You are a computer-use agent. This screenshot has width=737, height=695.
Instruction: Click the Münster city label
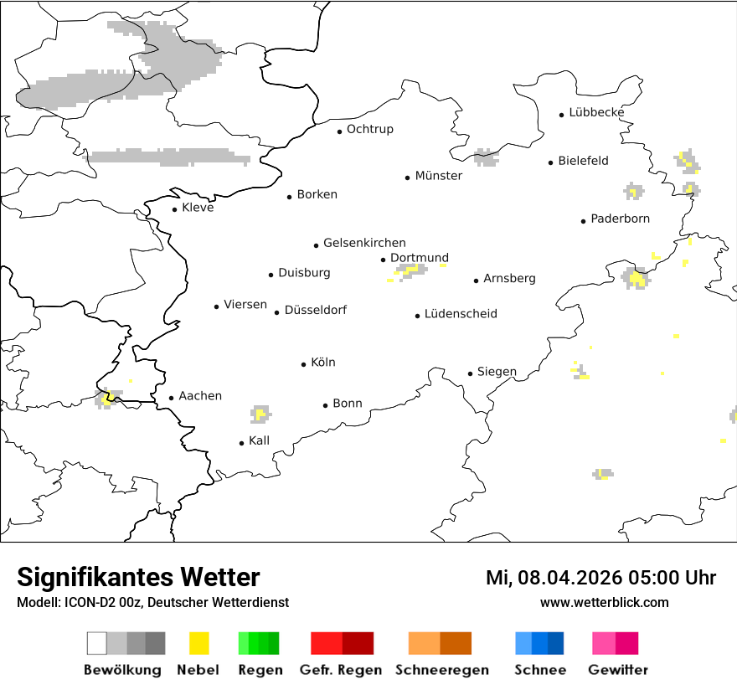tap(438, 176)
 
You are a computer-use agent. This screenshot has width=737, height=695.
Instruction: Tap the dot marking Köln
tap(304, 364)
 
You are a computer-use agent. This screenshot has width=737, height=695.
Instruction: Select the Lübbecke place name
tap(596, 112)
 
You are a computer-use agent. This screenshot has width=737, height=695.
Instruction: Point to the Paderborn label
tap(620, 219)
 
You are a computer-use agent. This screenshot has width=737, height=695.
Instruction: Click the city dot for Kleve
tap(175, 209)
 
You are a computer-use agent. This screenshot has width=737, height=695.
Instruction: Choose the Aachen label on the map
tap(200, 395)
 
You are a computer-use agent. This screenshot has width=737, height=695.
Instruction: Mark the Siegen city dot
tap(471, 373)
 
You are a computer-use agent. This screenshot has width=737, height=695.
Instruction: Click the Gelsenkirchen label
tap(364, 243)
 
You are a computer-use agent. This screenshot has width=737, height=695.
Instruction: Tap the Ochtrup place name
tap(369, 129)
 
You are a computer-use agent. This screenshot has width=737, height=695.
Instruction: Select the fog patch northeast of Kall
tap(260, 414)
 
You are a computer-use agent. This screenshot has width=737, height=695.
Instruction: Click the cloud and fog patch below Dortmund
tap(411, 270)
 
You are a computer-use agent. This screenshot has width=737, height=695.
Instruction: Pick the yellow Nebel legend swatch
tap(199, 643)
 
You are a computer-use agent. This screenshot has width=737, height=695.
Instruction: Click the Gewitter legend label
tap(617, 670)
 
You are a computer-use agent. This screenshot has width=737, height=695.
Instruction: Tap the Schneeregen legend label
tap(441, 670)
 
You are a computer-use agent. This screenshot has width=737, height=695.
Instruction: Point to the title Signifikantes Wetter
tap(138, 577)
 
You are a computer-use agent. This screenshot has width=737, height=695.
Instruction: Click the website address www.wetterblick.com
tap(604, 602)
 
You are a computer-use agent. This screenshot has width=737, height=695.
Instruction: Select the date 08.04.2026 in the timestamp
tap(569, 578)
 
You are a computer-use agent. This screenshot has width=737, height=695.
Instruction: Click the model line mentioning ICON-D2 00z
tap(152, 602)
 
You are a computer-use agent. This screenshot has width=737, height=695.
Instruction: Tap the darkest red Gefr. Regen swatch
tap(358, 643)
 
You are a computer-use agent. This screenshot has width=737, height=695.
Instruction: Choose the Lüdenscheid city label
tap(461, 314)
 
